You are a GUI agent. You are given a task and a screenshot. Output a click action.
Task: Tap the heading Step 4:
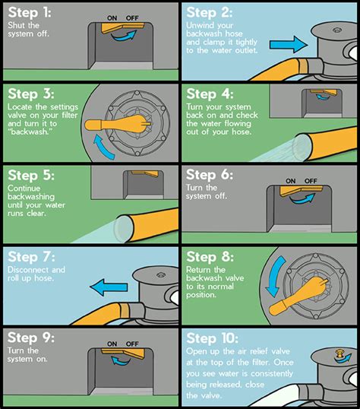(212, 95)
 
